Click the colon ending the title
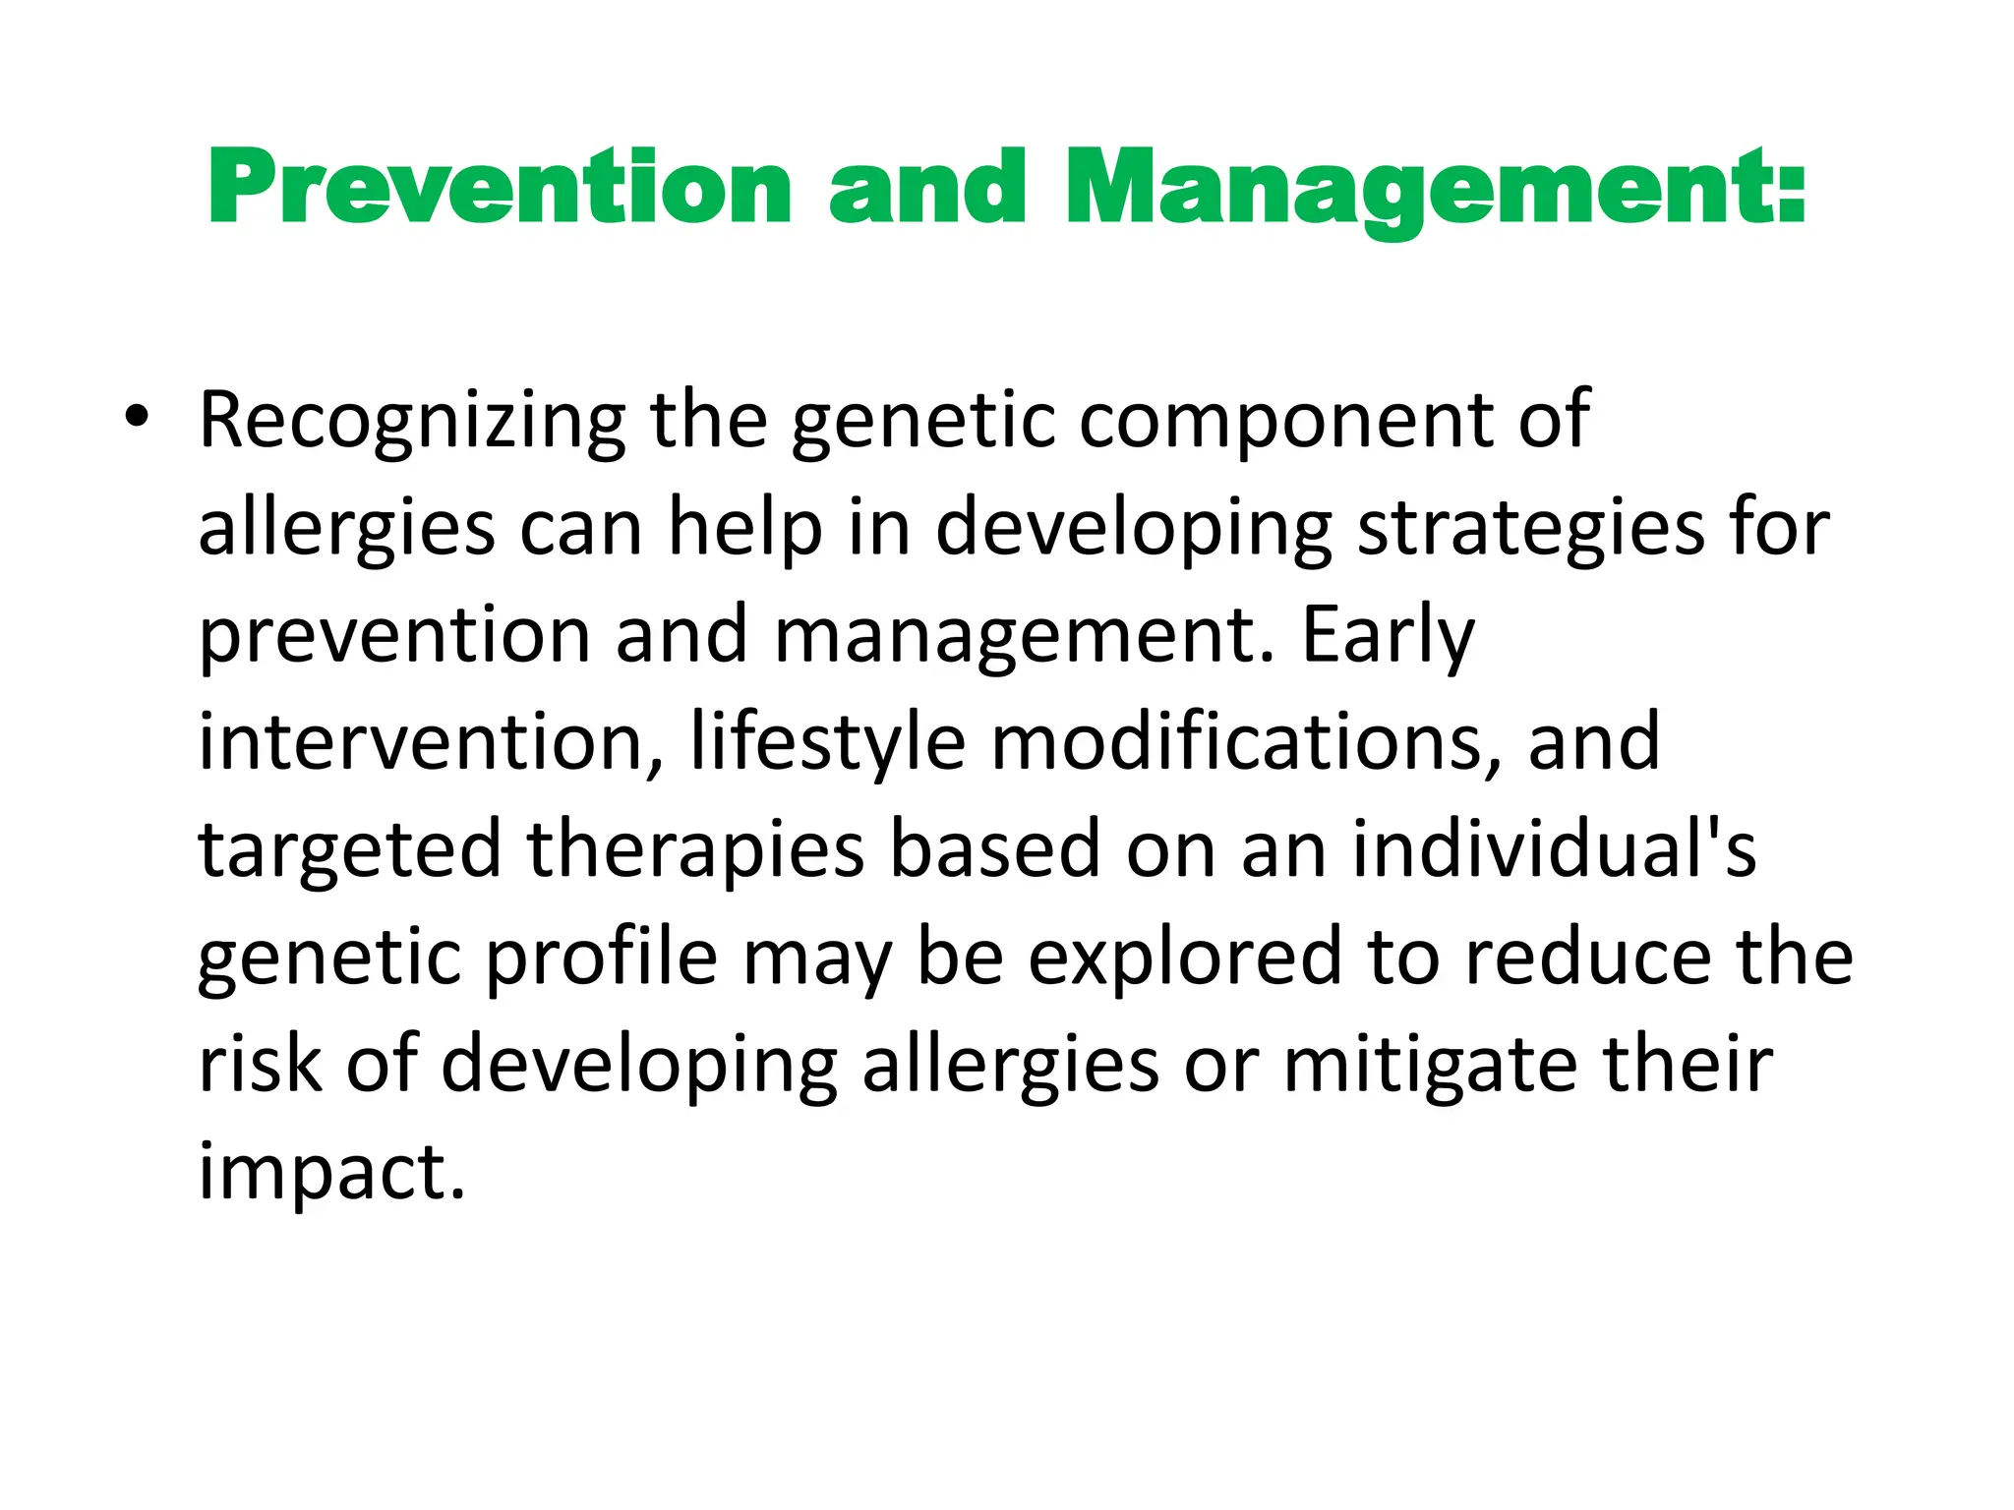pyautogui.click(x=1792, y=189)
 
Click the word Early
pyautogui.click(x=1388, y=636)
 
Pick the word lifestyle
pyautogui.click(x=827, y=742)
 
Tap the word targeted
pyautogui.click(x=350, y=850)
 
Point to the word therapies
pyautogui.click(x=695, y=850)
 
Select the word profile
pyautogui.click(x=602, y=958)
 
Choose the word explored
pyautogui.click(x=1185, y=958)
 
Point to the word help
pyautogui.click(x=744, y=529)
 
